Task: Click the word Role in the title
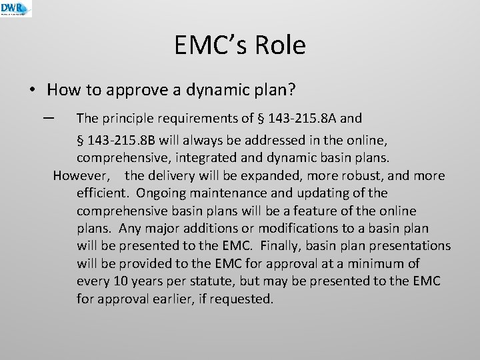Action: tap(281, 45)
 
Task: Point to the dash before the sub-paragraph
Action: tap(47, 118)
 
